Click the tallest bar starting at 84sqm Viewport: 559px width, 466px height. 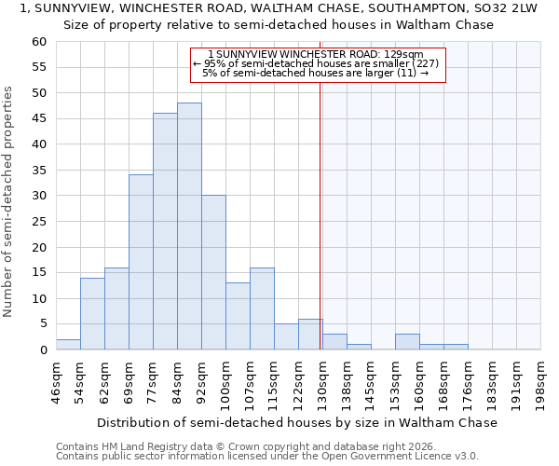[189, 226]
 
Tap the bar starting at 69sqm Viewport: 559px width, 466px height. [141, 262]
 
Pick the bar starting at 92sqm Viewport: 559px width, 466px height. [213, 272]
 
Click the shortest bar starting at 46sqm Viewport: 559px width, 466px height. [68, 345]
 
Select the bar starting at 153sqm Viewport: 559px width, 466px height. [407, 342]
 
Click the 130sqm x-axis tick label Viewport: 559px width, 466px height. [322, 379]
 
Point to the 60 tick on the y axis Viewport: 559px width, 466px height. [38, 42]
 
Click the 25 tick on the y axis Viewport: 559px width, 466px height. [38, 222]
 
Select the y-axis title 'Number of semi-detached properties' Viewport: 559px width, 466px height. [9, 201]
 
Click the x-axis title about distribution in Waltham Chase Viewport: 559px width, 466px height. [297, 422]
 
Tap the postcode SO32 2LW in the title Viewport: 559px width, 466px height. [504, 8]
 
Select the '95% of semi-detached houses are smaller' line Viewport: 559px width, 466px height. [315, 63]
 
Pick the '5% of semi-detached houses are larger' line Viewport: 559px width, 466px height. [315, 73]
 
